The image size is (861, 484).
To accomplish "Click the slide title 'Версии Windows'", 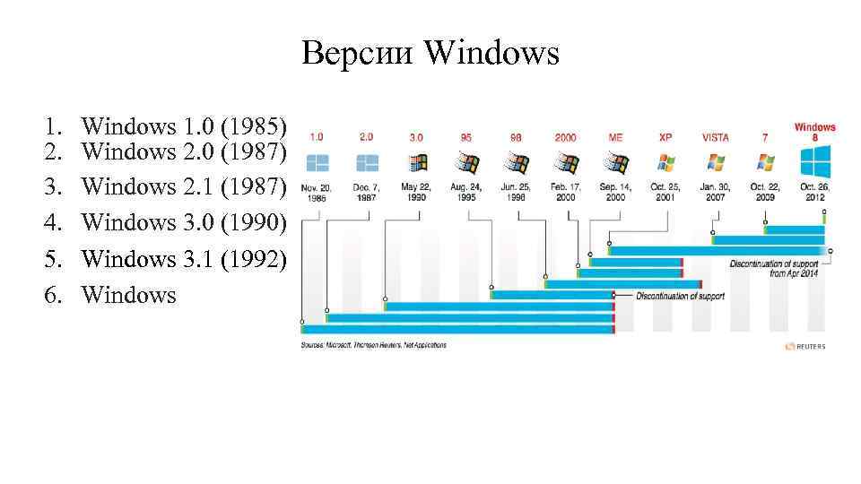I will point(430,54).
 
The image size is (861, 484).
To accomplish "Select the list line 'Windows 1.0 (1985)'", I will point(184,125).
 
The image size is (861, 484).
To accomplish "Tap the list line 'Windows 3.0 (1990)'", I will point(184,222).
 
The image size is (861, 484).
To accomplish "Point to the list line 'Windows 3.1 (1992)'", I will point(184,258).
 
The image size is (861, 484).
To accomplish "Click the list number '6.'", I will point(58,294).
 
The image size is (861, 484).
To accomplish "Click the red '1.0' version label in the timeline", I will point(317,137).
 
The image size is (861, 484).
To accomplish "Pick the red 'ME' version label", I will point(615,137).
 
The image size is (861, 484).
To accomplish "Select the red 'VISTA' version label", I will point(715,137).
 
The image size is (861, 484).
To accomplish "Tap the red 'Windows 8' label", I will point(814,133).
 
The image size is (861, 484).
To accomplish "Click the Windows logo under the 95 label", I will point(466,163).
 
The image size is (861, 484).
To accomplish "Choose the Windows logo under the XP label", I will point(665,163).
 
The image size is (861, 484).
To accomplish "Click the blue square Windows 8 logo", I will point(814,163).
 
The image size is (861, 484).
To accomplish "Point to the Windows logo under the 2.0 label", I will point(367,163).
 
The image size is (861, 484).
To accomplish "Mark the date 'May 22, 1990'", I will point(416,192).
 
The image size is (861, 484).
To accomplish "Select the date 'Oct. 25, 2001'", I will point(665,192).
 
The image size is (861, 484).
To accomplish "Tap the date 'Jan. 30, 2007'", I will point(715,192).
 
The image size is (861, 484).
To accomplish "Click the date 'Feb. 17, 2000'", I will point(565,192).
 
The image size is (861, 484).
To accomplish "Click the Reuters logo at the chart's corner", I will point(804,346).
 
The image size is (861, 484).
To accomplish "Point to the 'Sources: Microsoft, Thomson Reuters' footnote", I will point(373,345).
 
